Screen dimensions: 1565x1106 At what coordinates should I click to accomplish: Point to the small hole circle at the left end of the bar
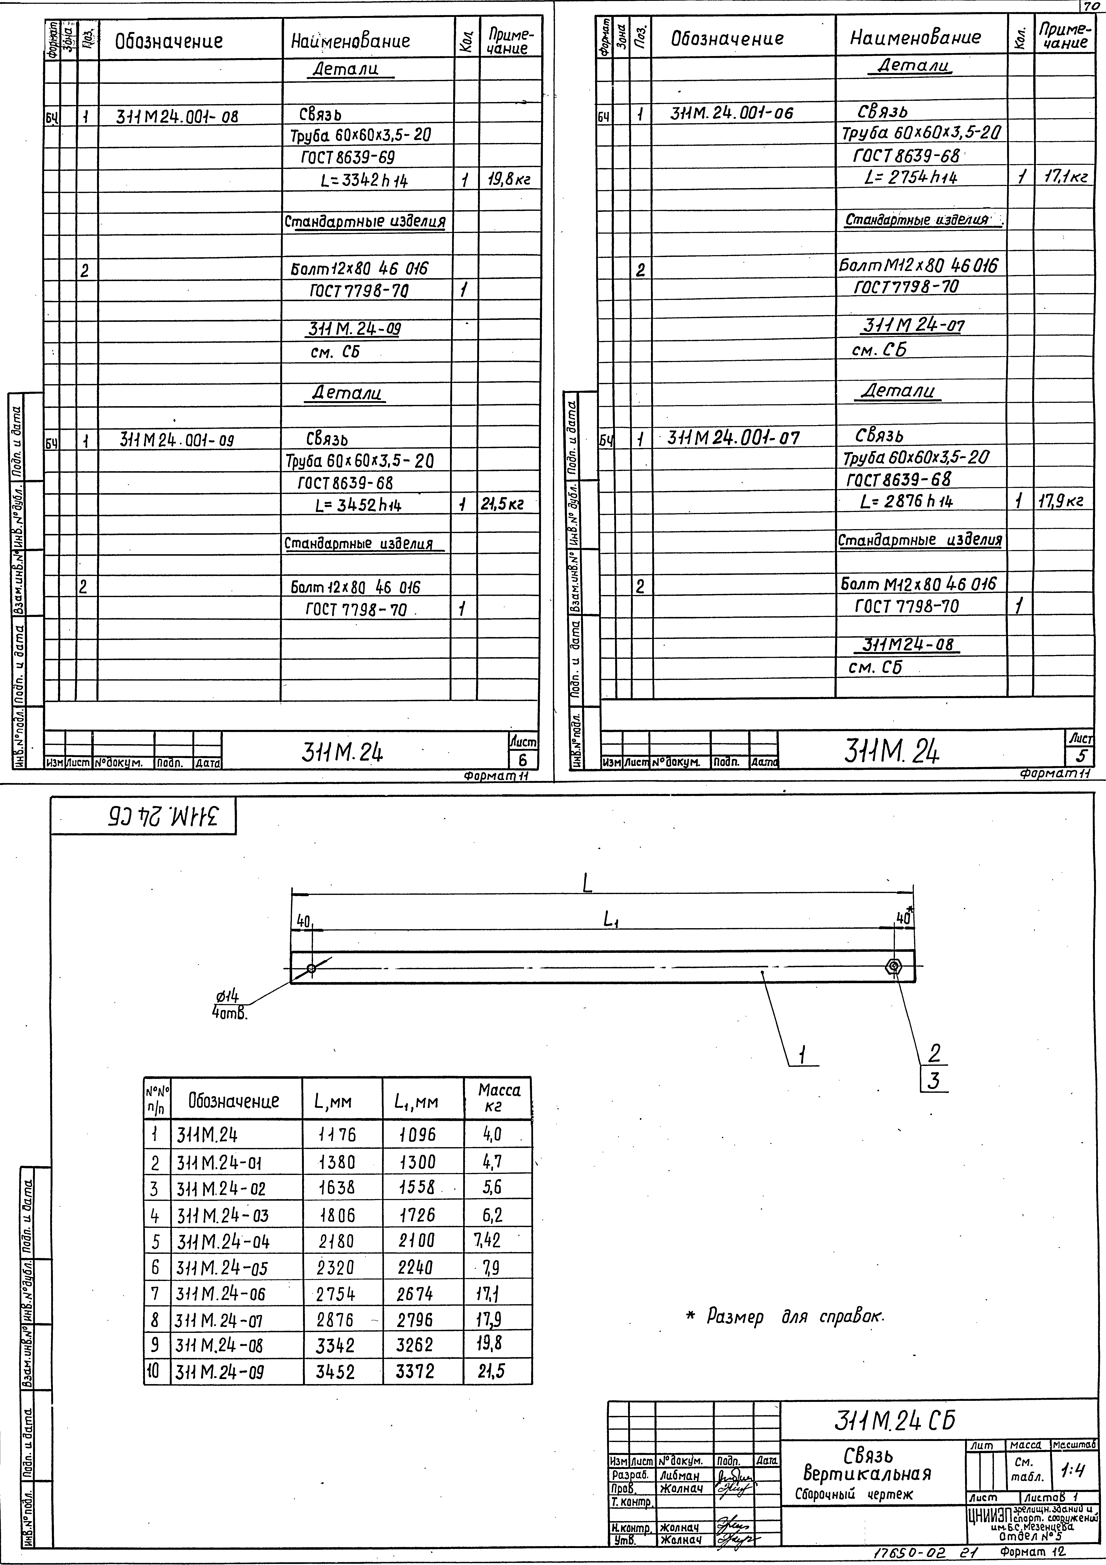coord(311,969)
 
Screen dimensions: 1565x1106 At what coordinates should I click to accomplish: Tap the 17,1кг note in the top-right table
coord(1062,177)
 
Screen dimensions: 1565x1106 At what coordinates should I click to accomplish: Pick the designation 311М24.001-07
coord(734,438)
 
